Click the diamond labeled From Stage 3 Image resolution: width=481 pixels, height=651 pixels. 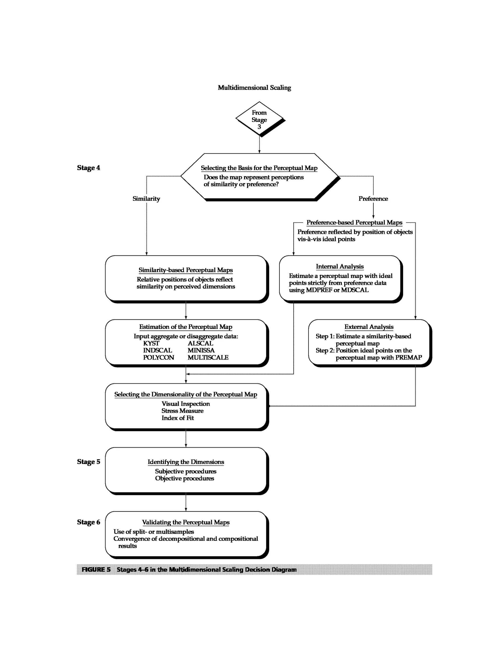259,119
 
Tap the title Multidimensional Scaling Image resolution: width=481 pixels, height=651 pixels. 254,88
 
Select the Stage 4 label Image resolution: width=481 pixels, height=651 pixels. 89,168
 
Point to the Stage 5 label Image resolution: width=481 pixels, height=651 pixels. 89,462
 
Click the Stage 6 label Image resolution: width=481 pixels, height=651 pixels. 89,522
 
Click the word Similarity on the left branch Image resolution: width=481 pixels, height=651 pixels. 146,199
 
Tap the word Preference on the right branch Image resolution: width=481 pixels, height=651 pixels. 373,199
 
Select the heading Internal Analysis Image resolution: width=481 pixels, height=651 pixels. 340,266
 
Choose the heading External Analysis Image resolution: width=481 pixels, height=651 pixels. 369,327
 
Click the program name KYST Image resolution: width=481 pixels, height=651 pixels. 151,343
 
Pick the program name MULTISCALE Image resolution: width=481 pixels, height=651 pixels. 208,357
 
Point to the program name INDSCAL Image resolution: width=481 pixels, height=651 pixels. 157,351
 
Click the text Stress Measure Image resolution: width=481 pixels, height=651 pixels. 182,411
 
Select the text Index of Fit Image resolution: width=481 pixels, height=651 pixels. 178,418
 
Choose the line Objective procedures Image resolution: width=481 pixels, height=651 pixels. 184,478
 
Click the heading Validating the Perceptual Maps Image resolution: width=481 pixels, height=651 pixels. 186,522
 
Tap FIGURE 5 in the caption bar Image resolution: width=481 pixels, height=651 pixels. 96,569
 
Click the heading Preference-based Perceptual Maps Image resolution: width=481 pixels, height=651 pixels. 354,222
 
